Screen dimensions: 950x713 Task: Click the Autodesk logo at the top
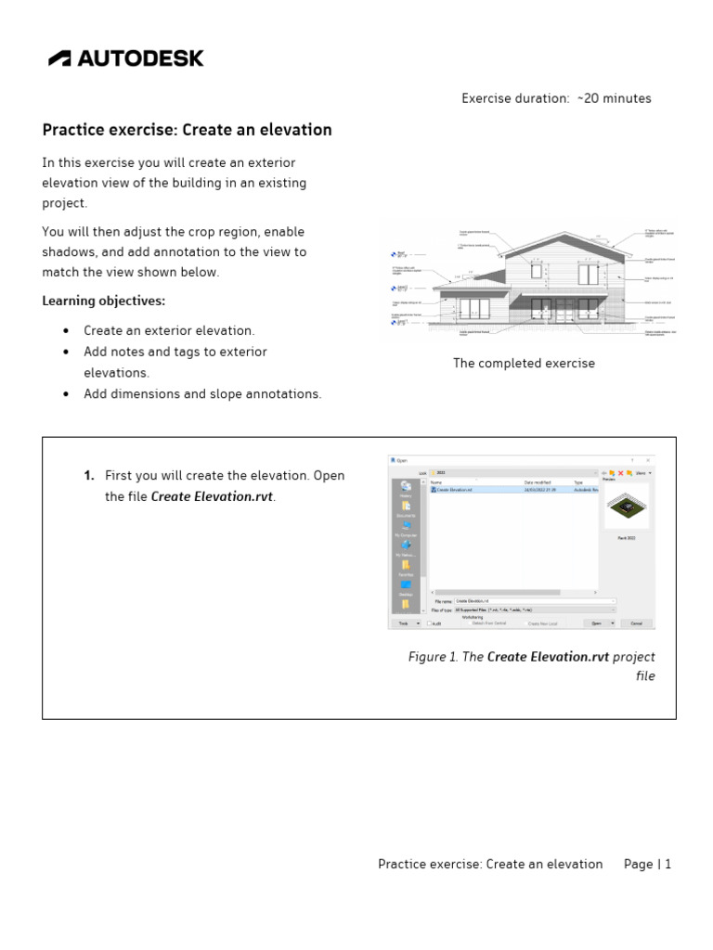click(x=125, y=58)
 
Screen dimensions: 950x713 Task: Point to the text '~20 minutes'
click(x=614, y=98)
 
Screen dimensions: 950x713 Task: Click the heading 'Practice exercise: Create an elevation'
click(x=187, y=130)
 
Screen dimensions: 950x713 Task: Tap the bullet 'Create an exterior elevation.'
click(x=169, y=330)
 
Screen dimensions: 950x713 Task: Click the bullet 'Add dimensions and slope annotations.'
click(x=202, y=393)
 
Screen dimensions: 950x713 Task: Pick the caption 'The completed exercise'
click(x=524, y=363)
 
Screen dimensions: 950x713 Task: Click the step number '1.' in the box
click(x=89, y=475)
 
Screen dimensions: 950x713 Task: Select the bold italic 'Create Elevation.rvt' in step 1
click(x=212, y=496)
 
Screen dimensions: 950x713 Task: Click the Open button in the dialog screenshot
click(x=598, y=623)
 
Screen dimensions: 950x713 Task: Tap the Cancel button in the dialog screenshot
click(x=636, y=623)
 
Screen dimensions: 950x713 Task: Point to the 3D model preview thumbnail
click(x=626, y=507)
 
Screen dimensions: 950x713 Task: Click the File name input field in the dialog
click(x=534, y=601)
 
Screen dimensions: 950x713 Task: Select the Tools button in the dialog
click(x=404, y=623)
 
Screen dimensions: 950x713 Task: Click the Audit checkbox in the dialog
click(x=429, y=623)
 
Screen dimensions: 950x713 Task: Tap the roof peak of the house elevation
click(x=558, y=235)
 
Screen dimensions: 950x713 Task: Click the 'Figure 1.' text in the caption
click(x=434, y=657)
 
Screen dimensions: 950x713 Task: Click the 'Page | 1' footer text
click(x=647, y=864)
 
